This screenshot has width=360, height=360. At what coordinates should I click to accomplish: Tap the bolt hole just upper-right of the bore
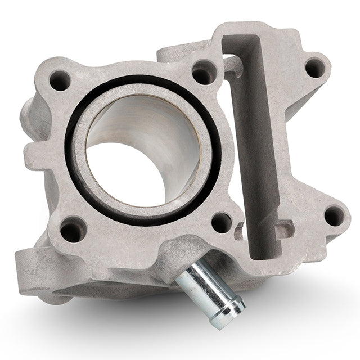tap(204, 73)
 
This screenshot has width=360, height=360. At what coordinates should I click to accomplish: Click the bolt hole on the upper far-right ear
tap(314, 67)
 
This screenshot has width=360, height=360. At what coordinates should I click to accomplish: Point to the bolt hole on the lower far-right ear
tap(335, 215)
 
